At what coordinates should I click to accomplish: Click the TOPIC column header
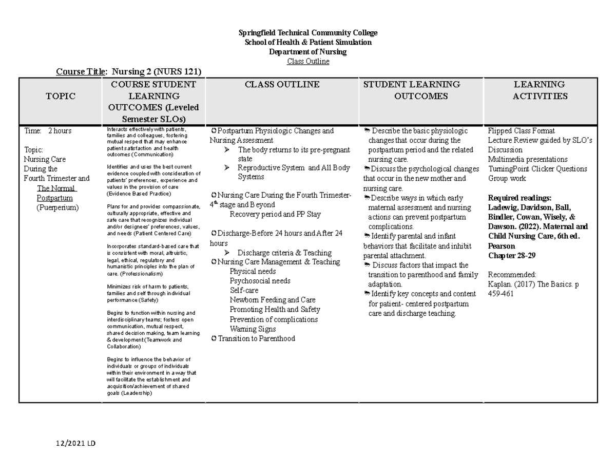pyautogui.click(x=60, y=96)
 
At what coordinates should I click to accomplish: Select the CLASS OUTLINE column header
pyautogui.click(x=282, y=84)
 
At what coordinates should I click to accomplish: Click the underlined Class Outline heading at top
pyautogui.click(x=308, y=62)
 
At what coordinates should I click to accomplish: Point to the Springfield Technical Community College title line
pyautogui.click(x=308, y=33)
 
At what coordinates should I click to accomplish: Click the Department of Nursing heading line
pyautogui.click(x=308, y=52)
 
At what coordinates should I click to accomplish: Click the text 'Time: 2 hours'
pyautogui.click(x=48, y=131)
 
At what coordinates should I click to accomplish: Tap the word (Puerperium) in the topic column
pyautogui.click(x=57, y=207)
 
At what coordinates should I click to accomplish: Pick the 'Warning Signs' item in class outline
pyautogui.click(x=253, y=329)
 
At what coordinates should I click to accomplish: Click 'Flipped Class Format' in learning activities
pyautogui.click(x=521, y=131)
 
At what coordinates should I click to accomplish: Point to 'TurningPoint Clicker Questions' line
pyautogui.click(x=537, y=169)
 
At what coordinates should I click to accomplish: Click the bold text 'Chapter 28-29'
pyautogui.click(x=512, y=255)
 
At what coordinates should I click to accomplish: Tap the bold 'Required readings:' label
pyautogui.click(x=519, y=198)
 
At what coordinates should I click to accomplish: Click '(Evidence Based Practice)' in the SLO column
pyautogui.click(x=139, y=194)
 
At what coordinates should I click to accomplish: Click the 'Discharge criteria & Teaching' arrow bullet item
pyautogui.click(x=284, y=253)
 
